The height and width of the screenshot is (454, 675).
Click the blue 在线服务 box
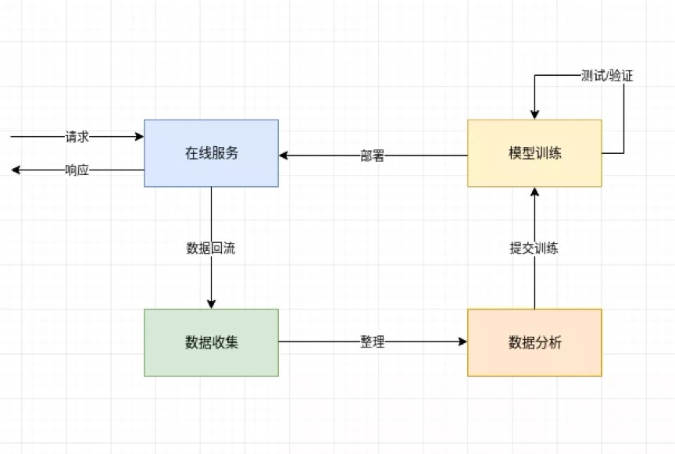(x=211, y=153)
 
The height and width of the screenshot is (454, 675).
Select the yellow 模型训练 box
(x=534, y=153)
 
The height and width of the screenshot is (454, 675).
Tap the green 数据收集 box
(x=211, y=342)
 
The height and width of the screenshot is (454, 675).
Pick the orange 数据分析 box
(x=534, y=342)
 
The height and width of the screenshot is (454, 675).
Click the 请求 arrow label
(x=77, y=137)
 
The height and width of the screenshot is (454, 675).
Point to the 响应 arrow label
(x=77, y=170)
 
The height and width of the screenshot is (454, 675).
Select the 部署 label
(x=373, y=156)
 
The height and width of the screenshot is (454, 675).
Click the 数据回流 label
(x=211, y=248)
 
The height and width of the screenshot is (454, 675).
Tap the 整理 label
(x=373, y=342)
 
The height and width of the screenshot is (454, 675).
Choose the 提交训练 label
(x=534, y=248)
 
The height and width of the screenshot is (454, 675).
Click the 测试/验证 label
(x=607, y=76)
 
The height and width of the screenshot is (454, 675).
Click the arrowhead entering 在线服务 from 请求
(x=140, y=137)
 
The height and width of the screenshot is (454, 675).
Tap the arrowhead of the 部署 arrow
(x=284, y=156)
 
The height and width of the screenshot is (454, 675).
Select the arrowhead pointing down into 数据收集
(x=211, y=304)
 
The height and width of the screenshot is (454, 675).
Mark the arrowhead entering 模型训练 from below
(x=534, y=191)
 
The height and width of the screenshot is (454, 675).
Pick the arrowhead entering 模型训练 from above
(x=534, y=115)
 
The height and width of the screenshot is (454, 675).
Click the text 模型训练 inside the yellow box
(x=534, y=153)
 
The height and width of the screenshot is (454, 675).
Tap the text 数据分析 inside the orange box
(x=534, y=342)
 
